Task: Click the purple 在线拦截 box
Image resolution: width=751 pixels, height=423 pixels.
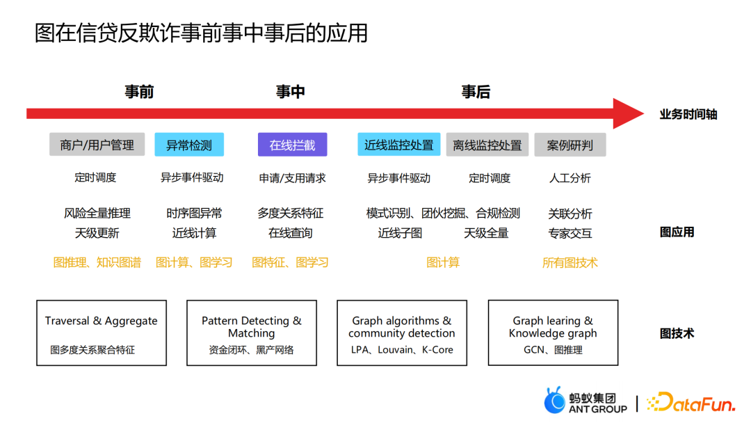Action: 292,145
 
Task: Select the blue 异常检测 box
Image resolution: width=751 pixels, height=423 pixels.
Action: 189,145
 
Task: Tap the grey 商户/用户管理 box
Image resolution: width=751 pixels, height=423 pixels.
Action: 97,144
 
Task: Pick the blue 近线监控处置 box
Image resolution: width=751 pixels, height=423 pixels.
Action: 399,144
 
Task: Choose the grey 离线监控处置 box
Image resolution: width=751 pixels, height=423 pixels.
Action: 487,145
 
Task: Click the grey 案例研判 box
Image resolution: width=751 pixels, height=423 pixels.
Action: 570,145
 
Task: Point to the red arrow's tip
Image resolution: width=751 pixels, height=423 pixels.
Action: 644,113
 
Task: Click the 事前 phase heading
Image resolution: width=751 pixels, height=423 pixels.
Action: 139,92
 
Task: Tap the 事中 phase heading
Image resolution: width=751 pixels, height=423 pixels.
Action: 290,92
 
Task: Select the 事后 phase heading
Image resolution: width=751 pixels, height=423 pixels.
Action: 476,92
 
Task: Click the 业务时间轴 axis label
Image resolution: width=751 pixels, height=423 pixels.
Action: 688,115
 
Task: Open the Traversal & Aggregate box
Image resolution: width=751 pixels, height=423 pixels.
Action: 102,333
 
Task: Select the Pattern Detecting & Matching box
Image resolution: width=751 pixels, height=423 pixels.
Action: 252,333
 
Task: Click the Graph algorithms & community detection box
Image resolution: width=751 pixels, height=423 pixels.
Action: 402,333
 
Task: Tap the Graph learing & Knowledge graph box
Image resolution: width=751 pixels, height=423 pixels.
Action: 554,333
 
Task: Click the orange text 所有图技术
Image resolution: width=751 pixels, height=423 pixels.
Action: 570,262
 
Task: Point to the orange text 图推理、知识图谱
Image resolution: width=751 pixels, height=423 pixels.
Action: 97,262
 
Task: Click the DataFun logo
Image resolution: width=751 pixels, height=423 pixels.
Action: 691,403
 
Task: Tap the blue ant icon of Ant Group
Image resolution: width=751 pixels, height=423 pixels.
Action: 555,400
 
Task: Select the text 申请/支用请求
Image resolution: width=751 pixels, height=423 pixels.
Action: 292,178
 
